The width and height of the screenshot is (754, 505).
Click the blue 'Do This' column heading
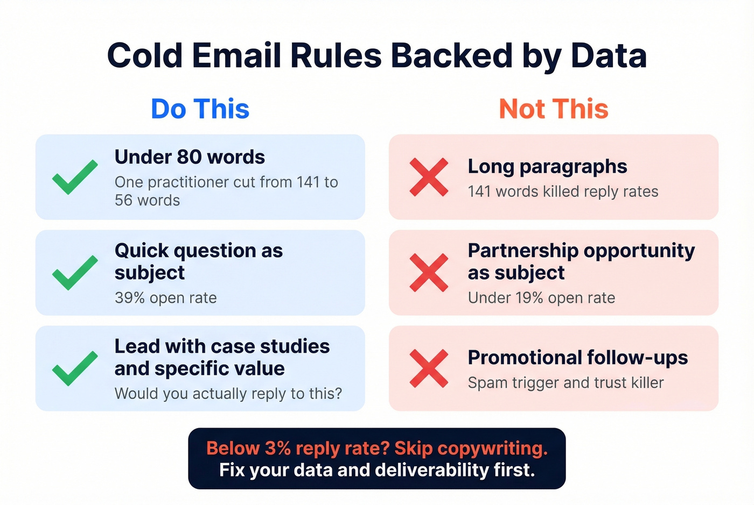click(x=200, y=109)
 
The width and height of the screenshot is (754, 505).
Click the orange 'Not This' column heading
click(x=554, y=109)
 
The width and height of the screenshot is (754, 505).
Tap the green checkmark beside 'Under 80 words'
click(x=75, y=177)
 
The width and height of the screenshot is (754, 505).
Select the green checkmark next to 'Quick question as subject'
click(x=75, y=273)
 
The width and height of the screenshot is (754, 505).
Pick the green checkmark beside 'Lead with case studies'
click(x=75, y=368)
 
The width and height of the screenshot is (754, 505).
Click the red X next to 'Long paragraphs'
click(x=429, y=177)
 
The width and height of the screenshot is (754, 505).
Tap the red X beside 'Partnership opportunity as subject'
click(x=429, y=273)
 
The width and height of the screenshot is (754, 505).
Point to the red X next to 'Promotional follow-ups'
click(x=429, y=368)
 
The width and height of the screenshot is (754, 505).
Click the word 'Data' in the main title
click(x=609, y=56)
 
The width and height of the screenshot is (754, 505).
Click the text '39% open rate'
click(x=165, y=298)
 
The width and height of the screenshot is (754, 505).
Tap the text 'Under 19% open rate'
click(x=541, y=298)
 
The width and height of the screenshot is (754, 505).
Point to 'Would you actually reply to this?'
click(x=228, y=394)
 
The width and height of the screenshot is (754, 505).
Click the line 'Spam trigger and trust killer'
click(x=565, y=383)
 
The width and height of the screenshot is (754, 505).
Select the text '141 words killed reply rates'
click(x=563, y=191)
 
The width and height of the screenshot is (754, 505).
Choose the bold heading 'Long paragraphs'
click(x=547, y=167)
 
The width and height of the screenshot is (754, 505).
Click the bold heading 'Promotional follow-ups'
click(x=578, y=358)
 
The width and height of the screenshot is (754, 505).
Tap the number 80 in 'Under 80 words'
click(x=189, y=157)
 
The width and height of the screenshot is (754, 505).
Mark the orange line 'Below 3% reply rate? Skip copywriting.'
click(x=377, y=449)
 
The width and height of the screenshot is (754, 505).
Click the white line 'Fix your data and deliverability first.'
click(x=377, y=470)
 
